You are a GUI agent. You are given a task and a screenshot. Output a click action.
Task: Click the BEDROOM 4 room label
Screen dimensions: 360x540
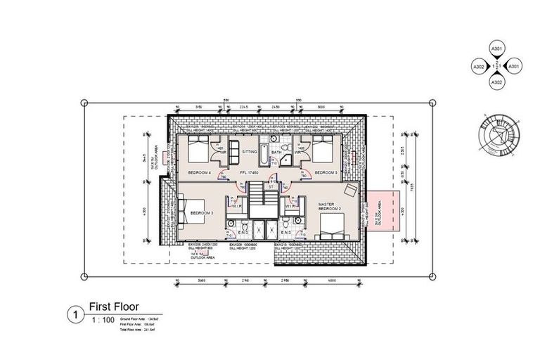point(201,172)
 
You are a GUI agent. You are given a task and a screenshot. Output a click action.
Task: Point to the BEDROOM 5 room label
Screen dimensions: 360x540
point(326,172)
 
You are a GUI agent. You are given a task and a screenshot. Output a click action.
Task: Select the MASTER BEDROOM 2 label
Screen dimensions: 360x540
point(330,207)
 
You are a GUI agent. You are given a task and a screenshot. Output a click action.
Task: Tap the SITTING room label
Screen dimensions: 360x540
point(250,151)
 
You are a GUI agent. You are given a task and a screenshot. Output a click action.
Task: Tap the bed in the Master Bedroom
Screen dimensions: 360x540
point(330,227)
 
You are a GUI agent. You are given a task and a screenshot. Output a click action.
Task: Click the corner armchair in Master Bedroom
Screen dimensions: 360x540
point(349,193)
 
